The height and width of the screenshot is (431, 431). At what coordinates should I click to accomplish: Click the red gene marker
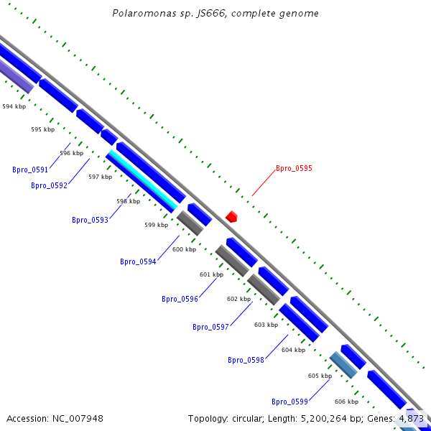(x=231, y=216)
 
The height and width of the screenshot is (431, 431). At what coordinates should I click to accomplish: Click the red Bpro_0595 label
(x=294, y=169)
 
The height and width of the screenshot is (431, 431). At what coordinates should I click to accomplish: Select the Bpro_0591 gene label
(x=30, y=170)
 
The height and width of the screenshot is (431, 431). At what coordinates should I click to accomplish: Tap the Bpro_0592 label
(x=49, y=186)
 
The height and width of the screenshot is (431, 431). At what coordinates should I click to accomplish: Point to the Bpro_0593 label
(x=90, y=221)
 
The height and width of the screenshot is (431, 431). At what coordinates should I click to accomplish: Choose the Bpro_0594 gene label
(x=138, y=262)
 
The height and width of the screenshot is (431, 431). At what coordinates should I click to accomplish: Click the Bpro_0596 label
(x=180, y=300)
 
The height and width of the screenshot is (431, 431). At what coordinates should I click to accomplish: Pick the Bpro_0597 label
(x=210, y=328)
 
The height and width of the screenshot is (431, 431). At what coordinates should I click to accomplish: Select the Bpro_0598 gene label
(x=246, y=361)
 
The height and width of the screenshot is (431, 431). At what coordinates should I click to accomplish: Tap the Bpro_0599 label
(x=289, y=402)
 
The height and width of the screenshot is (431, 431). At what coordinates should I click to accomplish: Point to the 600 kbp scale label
(x=184, y=250)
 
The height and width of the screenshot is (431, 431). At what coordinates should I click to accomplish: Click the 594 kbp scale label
(x=14, y=106)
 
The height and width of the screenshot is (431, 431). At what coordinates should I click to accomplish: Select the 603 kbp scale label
(x=266, y=325)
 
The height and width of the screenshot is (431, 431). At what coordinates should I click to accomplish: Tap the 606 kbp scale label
(x=346, y=402)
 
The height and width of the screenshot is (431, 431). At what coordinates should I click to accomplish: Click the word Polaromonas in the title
(x=139, y=14)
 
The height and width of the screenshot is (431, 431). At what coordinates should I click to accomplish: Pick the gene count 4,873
(x=411, y=418)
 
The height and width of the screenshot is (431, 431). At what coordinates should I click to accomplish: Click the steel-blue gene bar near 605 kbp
(x=343, y=365)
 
